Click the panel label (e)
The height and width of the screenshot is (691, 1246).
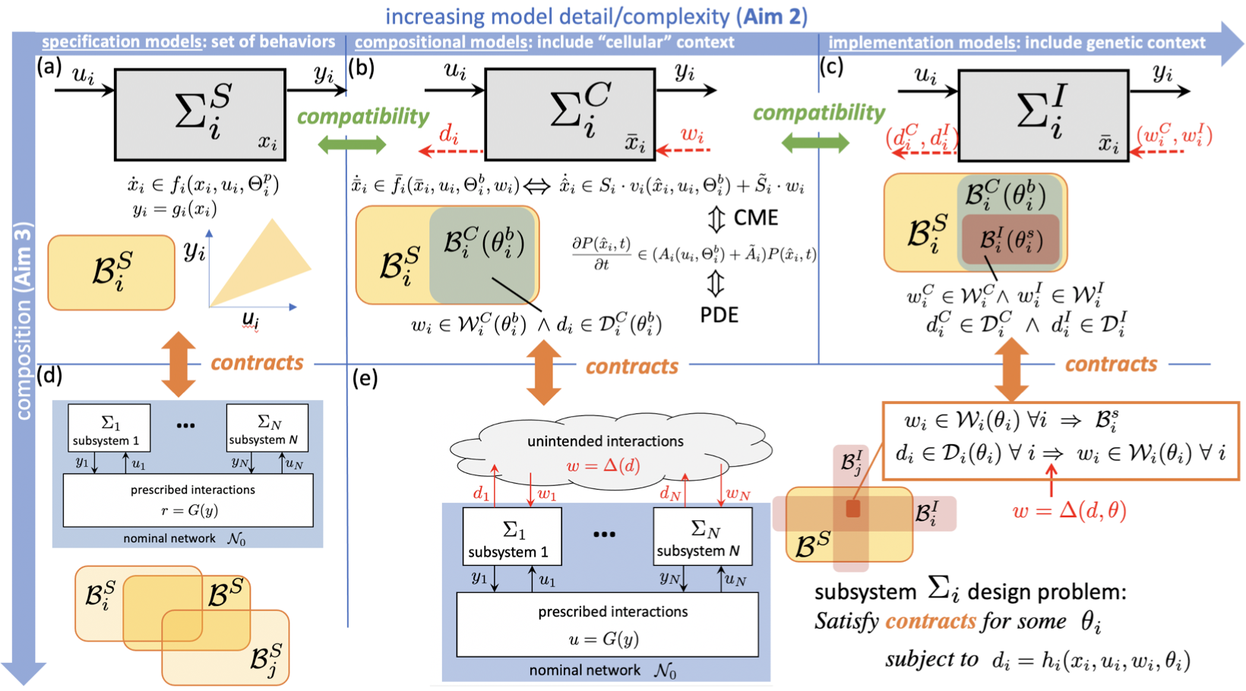[365, 378]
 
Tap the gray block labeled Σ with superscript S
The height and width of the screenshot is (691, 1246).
[200, 115]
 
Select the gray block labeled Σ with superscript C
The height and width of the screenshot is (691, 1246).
[570, 115]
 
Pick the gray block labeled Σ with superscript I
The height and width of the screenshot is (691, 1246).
[1043, 115]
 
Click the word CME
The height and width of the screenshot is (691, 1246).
[756, 219]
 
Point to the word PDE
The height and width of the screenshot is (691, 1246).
[719, 314]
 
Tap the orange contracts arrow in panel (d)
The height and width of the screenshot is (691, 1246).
[179, 364]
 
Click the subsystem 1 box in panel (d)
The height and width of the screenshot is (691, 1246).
[109, 428]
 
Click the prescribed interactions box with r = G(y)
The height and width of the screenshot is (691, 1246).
[188, 500]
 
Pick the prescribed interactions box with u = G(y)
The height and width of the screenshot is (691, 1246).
[607, 624]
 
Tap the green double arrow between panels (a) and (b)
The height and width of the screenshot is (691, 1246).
[352, 144]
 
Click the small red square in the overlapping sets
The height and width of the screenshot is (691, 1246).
[853, 509]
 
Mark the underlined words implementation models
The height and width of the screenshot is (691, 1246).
[922, 43]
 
